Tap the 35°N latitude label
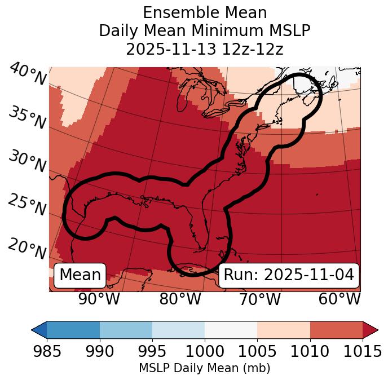point(27,117)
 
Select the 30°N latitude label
point(27,162)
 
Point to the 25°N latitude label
point(27,205)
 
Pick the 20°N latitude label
point(27,248)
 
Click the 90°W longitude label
point(99,299)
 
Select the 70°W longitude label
point(260,299)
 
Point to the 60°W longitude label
point(339,299)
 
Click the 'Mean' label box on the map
point(80,275)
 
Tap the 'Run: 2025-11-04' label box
point(289,275)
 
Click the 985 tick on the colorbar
point(47,351)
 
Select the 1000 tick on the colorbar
point(205,351)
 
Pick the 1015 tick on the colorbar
point(363,351)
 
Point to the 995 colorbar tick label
point(152,351)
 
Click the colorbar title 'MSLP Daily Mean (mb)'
point(204,368)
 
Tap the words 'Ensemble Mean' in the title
point(204,12)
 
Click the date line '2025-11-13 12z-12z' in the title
point(204,49)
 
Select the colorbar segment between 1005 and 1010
point(284,329)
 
